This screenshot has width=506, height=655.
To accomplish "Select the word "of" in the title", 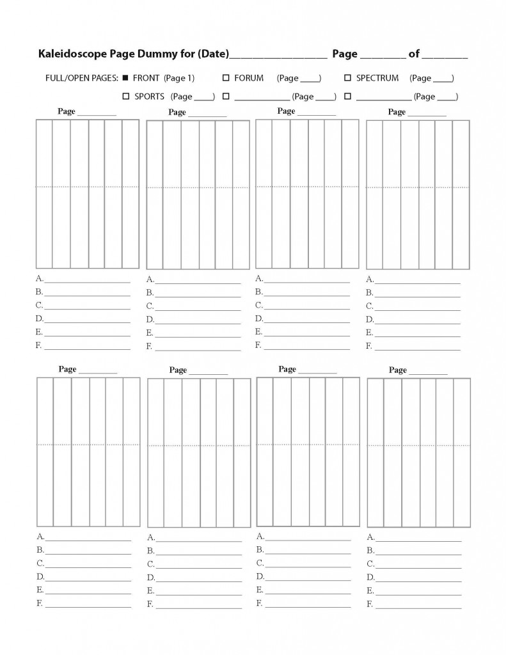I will coord(414,54).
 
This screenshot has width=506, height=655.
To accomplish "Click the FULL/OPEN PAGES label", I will coord(81,78).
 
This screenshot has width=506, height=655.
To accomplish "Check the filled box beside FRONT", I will coord(125,78).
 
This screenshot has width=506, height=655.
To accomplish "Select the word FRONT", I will coord(146,78).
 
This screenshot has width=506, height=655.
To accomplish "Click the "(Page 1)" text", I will coord(179,78).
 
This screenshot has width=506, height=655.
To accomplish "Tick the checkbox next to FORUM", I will coord(226,78).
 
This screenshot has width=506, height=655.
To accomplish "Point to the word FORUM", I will coord(249,78).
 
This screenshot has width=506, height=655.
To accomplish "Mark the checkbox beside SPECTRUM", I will coord(347,78).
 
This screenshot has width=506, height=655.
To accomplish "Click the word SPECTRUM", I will coord(377,78).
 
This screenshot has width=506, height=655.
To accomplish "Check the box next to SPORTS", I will coord(125,97).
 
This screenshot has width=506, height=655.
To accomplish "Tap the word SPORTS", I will coord(149,97).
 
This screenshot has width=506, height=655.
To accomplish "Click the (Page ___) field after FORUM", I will coord(299,78).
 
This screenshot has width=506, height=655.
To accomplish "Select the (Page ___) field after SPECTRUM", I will coord(432,78).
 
